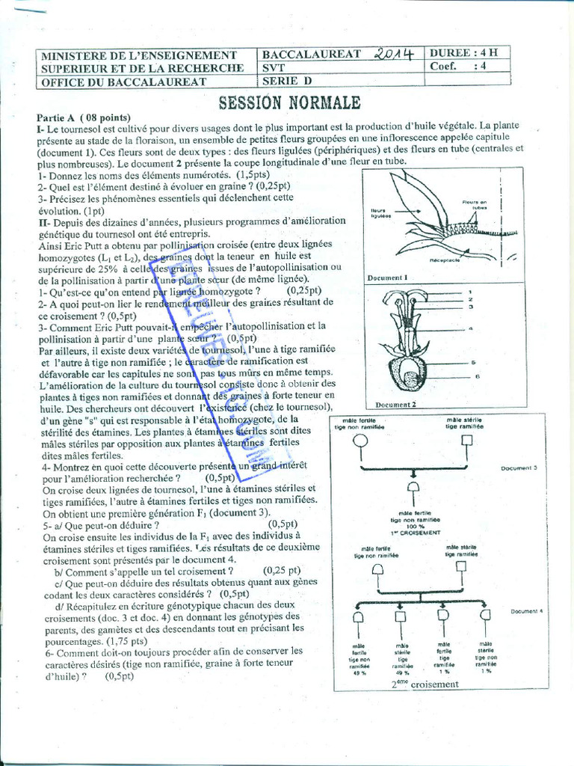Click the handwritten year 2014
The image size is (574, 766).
tap(394, 55)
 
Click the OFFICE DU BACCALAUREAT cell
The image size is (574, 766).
tap(123, 81)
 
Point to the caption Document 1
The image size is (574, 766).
tap(386, 278)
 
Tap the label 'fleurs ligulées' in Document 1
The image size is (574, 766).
tap(383, 213)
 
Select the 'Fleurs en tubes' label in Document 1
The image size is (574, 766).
tap(474, 204)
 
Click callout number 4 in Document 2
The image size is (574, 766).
tap(470, 328)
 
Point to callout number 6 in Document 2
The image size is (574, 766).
tap(476, 376)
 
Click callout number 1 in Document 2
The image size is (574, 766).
tap(469, 292)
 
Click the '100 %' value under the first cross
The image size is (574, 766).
tap(413, 526)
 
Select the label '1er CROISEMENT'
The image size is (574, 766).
tap(415, 533)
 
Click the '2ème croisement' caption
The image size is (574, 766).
tap(425, 684)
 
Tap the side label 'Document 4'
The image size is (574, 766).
tap(529, 611)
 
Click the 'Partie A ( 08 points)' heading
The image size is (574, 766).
tap(84, 117)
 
